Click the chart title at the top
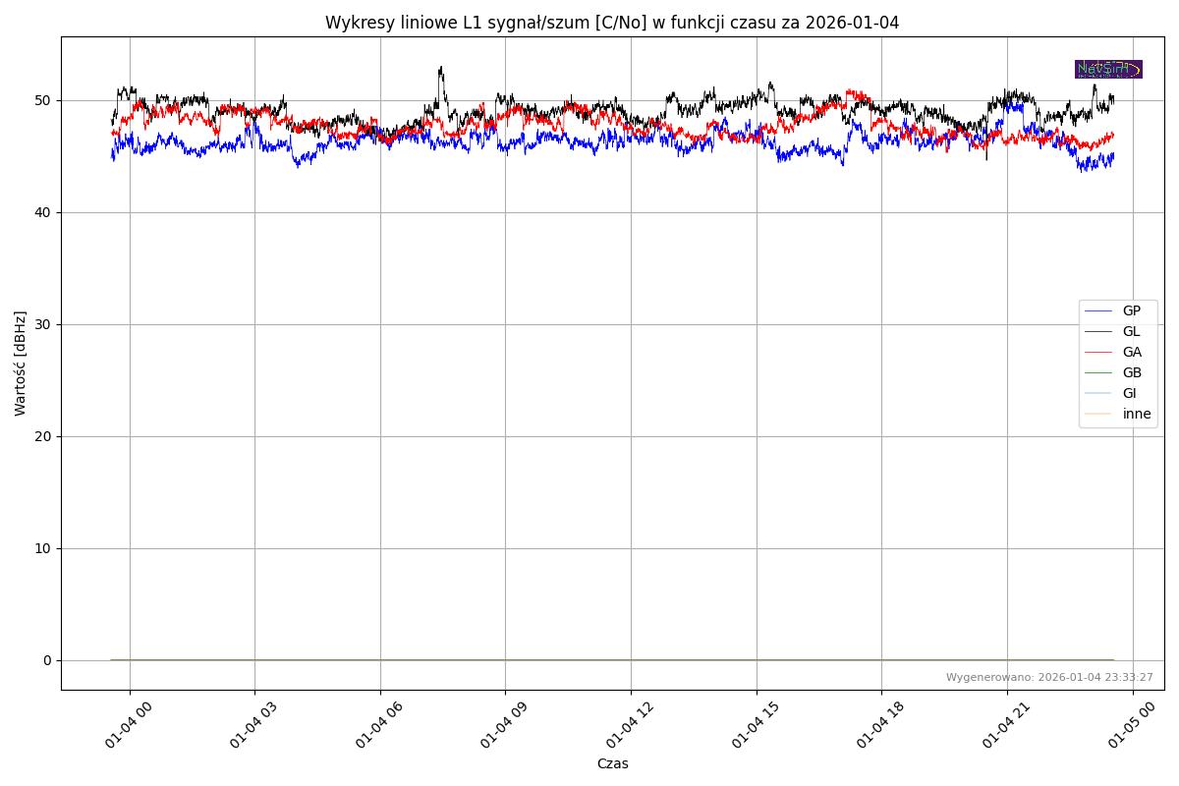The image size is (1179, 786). pos(612,23)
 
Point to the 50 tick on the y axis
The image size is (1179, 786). pos(44,100)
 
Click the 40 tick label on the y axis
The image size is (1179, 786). pos(44,212)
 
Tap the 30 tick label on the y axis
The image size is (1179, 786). pos(44,324)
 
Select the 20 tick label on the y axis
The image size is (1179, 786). pos(44,436)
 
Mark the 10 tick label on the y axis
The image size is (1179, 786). pos(44,548)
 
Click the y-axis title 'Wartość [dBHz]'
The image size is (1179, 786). pos(21,364)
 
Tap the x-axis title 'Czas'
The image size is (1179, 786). pos(612,763)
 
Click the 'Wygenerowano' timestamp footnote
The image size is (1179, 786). pos(1049,677)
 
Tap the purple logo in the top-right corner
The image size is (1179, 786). pos(1108,69)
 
